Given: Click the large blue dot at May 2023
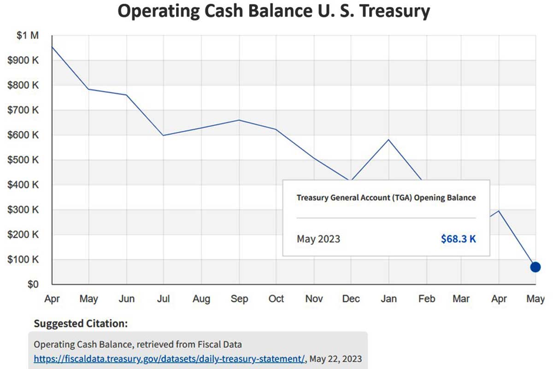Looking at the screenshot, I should tap(535, 267).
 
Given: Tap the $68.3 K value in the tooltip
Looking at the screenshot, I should tap(458, 239).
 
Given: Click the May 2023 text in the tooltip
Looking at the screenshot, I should tap(318, 239).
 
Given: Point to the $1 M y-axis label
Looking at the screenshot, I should tap(29, 35).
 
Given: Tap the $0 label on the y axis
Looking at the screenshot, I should tap(32, 284).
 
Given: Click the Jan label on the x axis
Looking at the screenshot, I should tap(388, 299).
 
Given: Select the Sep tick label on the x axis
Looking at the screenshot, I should tap(239, 299).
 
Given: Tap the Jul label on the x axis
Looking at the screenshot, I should tap(164, 299).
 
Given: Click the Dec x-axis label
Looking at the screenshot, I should tap(351, 299).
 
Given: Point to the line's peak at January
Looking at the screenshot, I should tap(388, 139).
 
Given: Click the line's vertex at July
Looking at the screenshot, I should tap(164, 135).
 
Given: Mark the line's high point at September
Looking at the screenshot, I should tap(239, 120).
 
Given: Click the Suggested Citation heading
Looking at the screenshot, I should tap(81, 323).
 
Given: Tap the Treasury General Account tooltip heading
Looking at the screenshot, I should tap(386, 197).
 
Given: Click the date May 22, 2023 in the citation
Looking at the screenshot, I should tap(335, 358).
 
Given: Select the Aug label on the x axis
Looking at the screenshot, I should tap(201, 299).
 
